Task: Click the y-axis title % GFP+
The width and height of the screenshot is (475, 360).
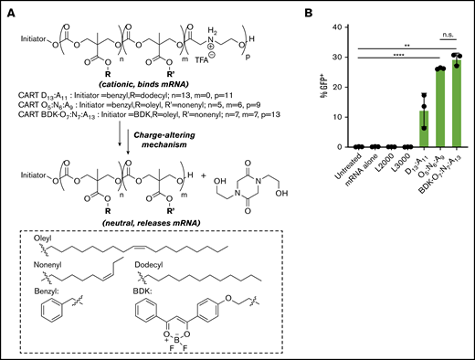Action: click(x=332, y=87)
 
